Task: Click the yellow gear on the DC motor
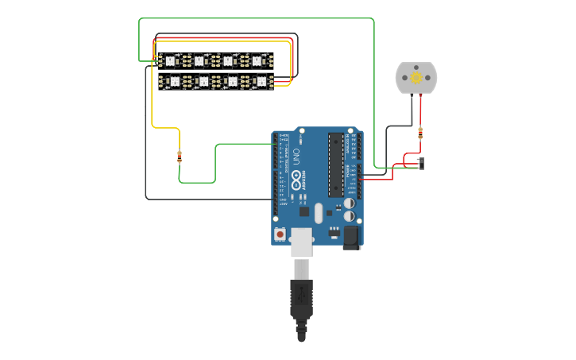pos(416,77)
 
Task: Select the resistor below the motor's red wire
pos(420,133)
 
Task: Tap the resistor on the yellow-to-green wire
pos(180,157)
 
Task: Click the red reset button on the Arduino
pos(280,234)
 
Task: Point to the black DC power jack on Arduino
pos(351,237)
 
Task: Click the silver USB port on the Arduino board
pos(301,242)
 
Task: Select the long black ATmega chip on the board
pos(336,165)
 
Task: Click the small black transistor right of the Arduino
pos(421,163)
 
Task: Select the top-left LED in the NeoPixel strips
pos(169,60)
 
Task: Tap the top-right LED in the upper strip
pos(257,60)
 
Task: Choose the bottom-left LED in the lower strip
pos(174,81)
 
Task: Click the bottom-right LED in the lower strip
pos(261,81)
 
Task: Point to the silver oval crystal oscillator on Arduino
pos(319,213)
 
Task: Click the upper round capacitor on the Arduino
pos(349,203)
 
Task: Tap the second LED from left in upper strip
pos(199,60)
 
